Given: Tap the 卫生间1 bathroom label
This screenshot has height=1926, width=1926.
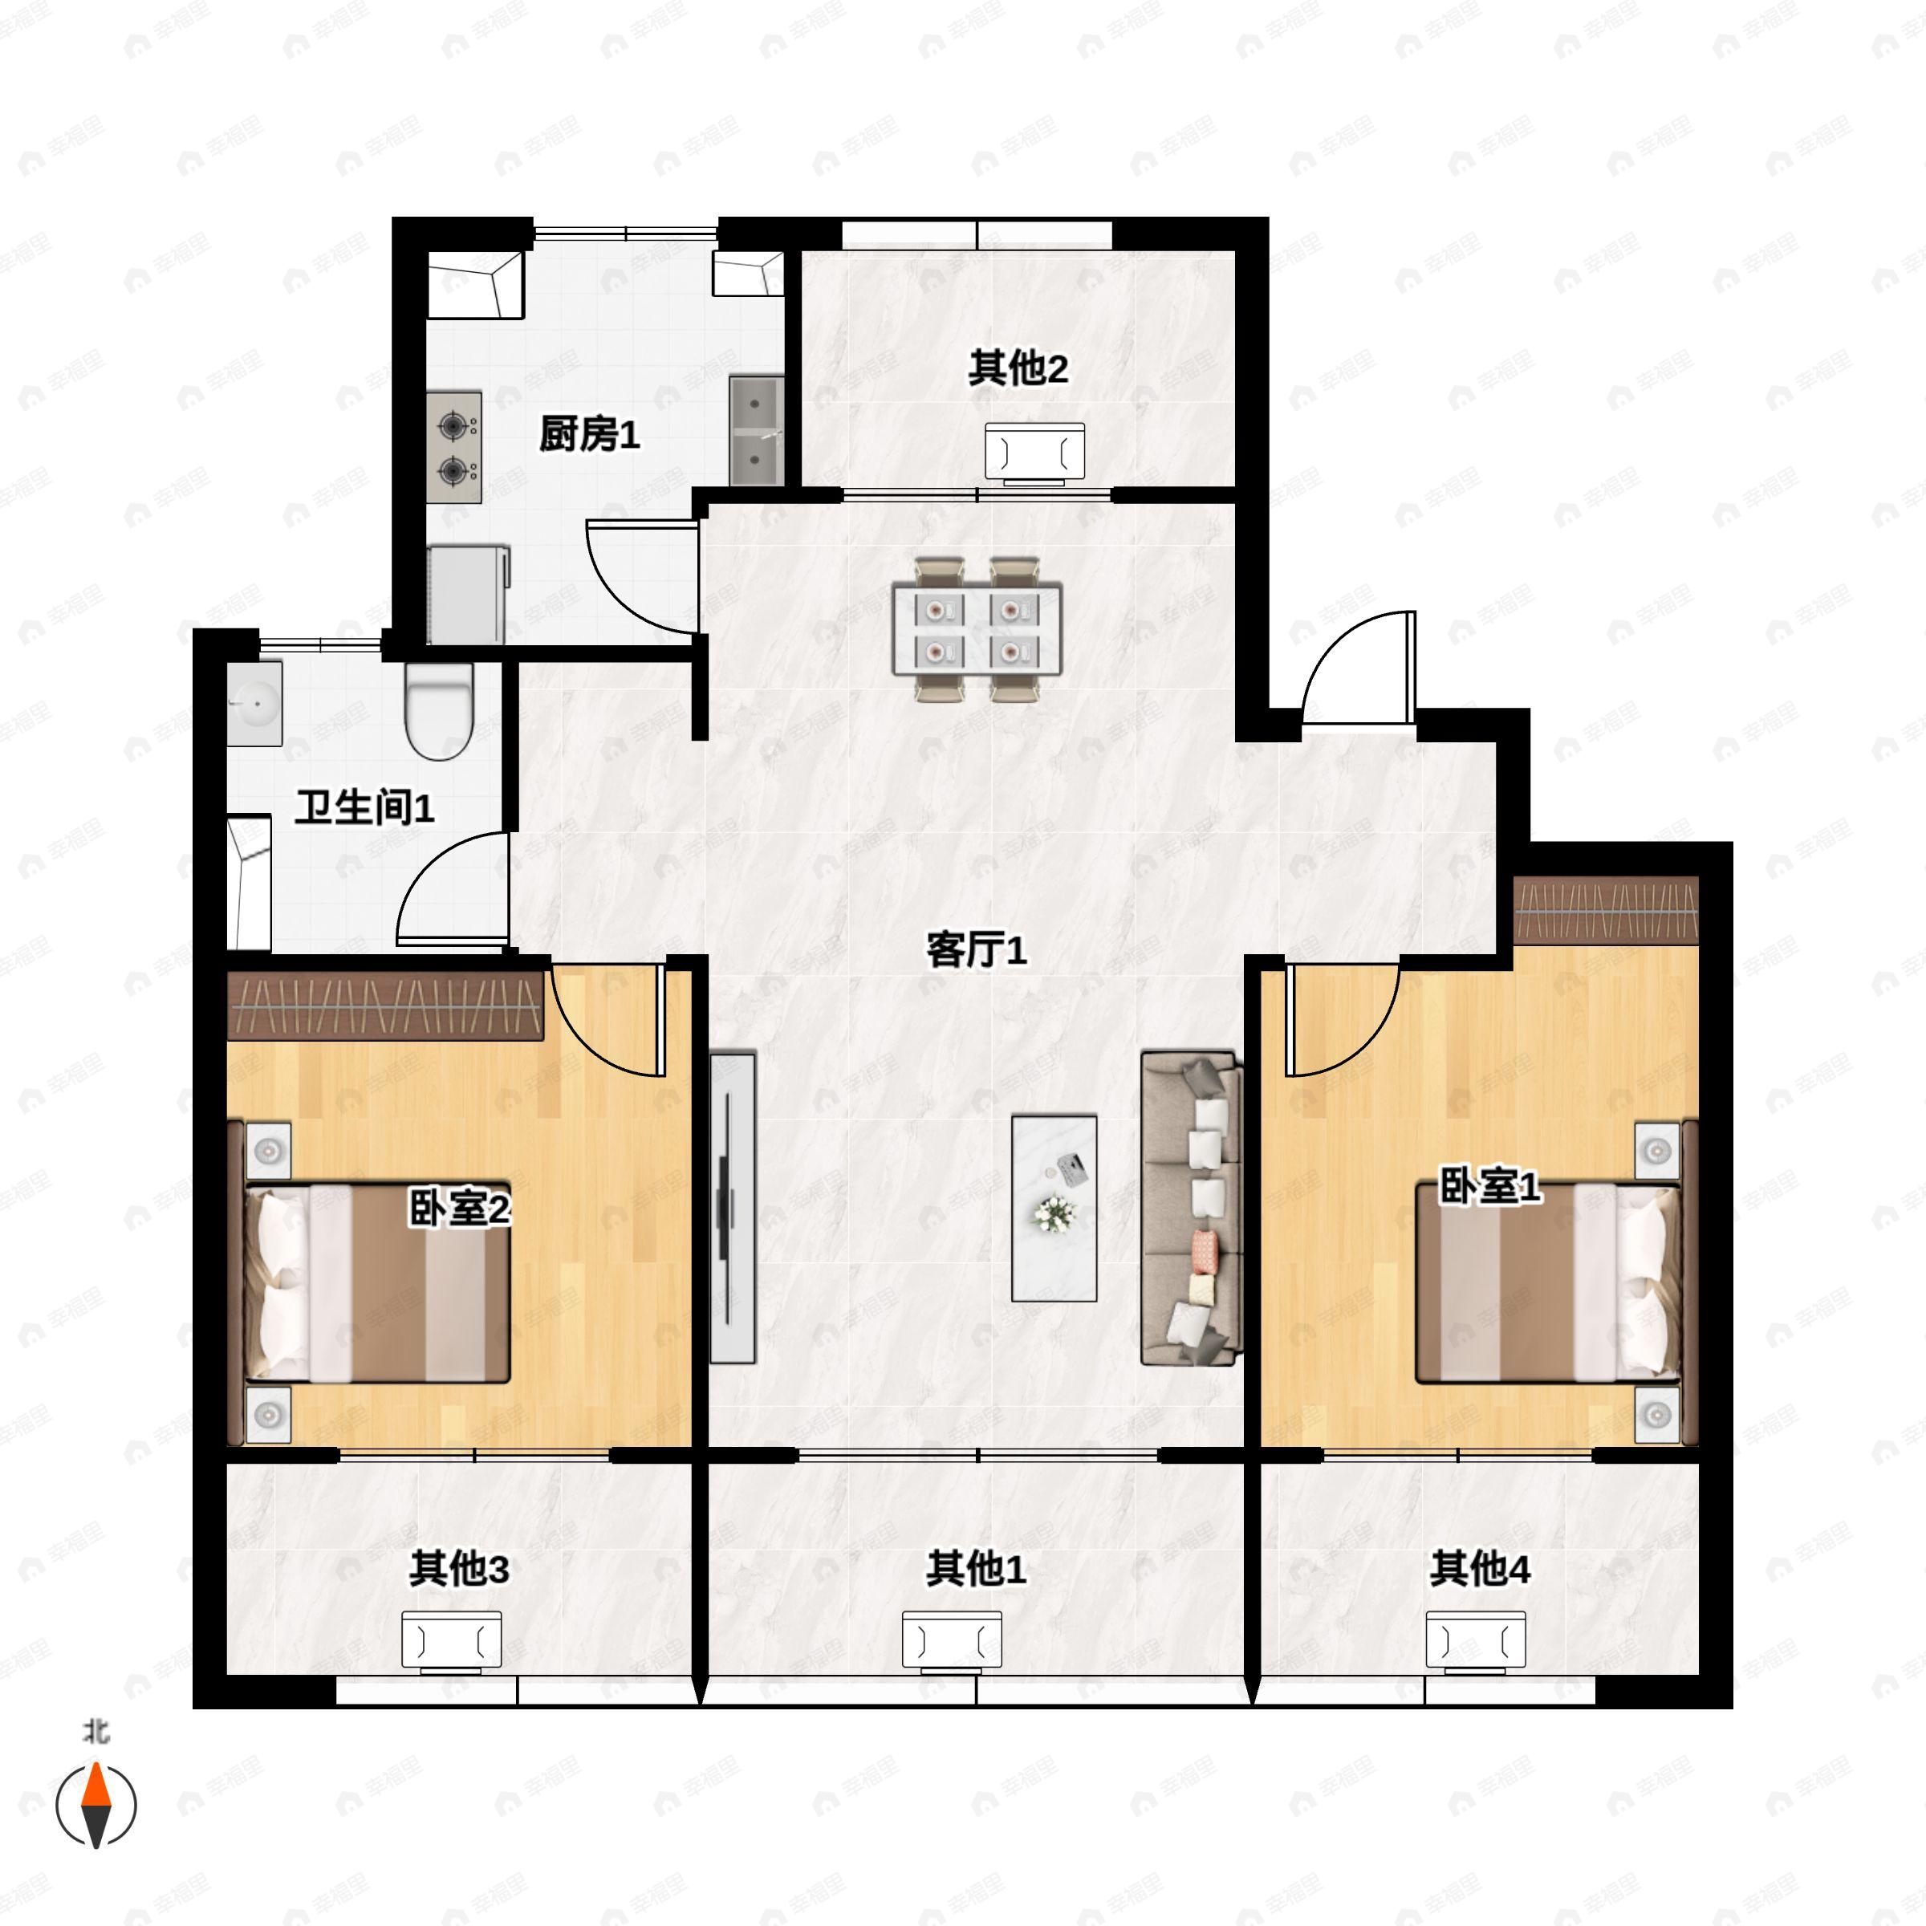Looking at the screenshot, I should pyautogui.click(x=364, y=807).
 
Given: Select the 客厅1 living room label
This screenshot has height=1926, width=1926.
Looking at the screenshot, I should pyautogui.click(x=976, y=950).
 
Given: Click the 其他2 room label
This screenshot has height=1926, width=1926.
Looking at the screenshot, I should pyautogui.click(x=1018, y=369).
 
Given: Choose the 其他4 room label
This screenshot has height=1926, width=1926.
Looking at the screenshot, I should pyautogui.click(x=1479, y=1569).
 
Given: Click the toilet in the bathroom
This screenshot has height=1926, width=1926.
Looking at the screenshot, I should pyautogui.click(x=439, y=709).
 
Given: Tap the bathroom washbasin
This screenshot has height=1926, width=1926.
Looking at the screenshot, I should pyautogui.click(x=255, y=703).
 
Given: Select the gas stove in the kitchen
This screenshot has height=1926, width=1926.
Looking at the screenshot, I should pyautogui.click(x=454, y=447).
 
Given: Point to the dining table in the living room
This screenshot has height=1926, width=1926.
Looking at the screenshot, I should pyautogui.click(x=976, y=629).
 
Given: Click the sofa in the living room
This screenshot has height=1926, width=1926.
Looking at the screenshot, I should pyautogui.click(x=1191, y=1206).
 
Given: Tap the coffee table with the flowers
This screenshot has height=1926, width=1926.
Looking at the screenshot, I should pyautogui.click(x=1054, y=1207).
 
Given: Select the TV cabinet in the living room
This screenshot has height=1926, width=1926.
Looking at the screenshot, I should pyautogui.click(x=732, y=1207).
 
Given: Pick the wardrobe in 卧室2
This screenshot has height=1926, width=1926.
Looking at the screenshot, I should pyautogui.click(x=385, y=1005).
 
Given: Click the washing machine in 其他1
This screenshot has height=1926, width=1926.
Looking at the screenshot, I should pyautogui.click(x=952, y=1640).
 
